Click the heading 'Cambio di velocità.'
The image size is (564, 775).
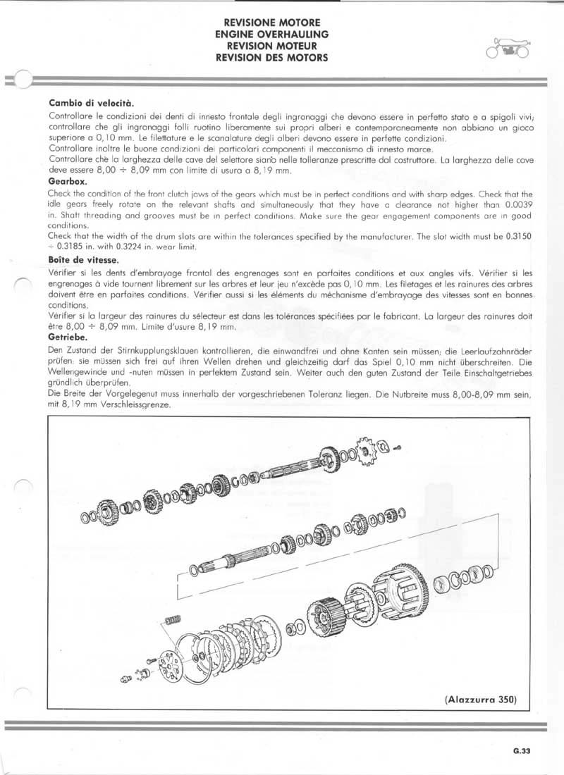91,103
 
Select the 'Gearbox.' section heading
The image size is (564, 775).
68,181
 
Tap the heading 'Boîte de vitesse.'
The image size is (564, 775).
83,261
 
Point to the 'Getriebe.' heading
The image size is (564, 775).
68,339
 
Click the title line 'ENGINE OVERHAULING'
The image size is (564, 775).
271,33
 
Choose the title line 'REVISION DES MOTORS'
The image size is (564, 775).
271,58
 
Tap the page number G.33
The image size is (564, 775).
521,751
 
